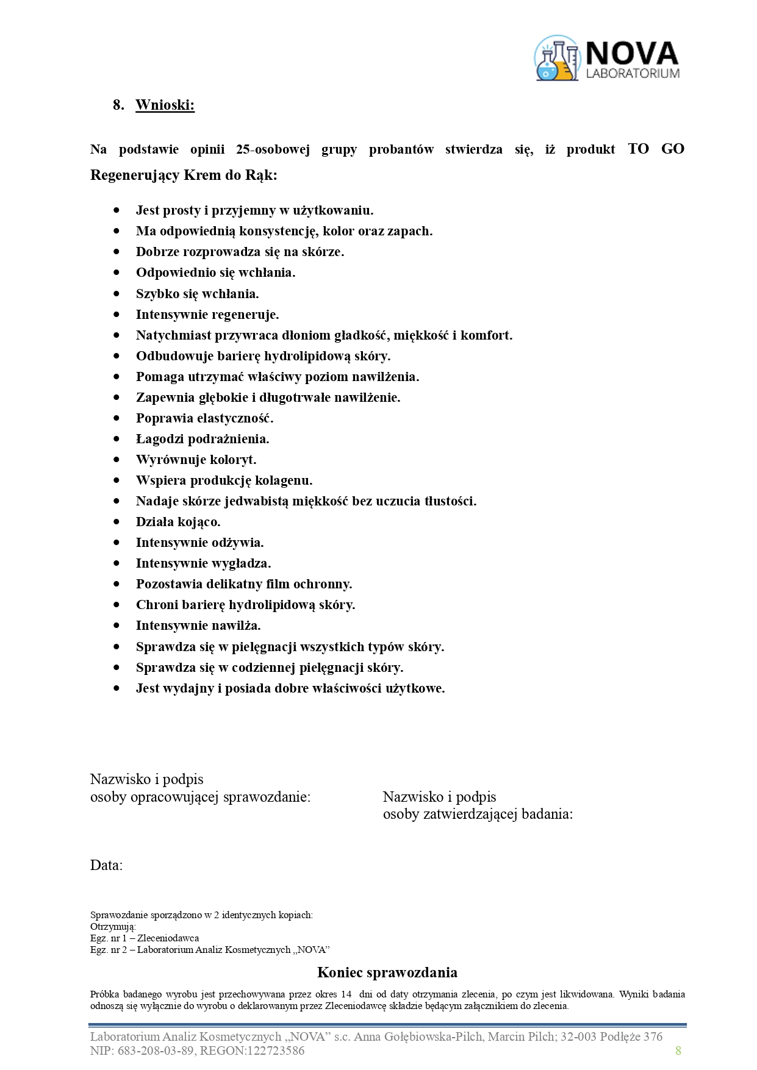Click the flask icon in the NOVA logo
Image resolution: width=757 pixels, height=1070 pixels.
[556, 59]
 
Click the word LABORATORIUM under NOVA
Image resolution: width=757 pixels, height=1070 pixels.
[632, 74]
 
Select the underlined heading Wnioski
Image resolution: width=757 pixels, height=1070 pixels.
[165, 105]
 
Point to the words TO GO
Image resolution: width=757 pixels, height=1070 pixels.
[656, 149]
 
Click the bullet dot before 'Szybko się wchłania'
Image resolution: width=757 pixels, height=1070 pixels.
[117, 294]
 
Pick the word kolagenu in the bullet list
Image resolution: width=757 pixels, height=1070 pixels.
[283, 480]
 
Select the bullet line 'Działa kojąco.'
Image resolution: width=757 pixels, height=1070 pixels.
[178, 522]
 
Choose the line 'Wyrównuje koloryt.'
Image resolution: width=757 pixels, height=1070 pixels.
[196, 460]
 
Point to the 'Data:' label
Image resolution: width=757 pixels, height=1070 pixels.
[106, 865]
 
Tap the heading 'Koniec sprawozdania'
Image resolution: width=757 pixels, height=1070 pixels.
[387, 972]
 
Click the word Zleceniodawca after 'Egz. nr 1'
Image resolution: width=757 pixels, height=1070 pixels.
[168, 938]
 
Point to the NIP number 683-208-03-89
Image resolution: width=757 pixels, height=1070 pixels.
[154, 1050]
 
